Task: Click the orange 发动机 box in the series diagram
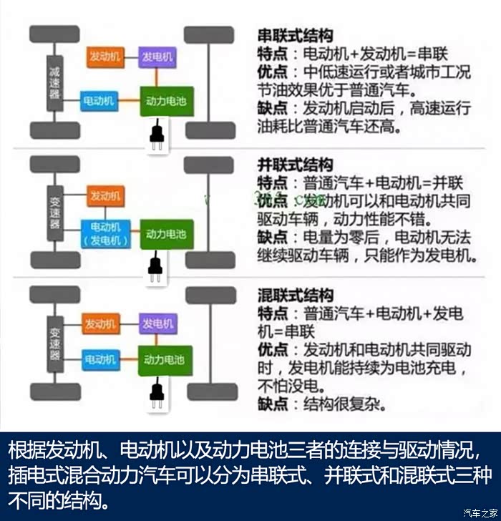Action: pyautogui.click(x=106, y=56)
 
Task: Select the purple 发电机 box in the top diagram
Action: pyautogui.click(x=156, y=56)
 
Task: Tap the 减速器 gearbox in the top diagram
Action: pyautogui.click(x=55, y=82)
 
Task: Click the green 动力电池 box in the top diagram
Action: pyautogui.click(x=165, y=102)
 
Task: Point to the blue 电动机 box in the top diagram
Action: pyautogui.click(x=99, y=102)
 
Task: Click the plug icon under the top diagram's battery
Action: pyautogui.click(x=154, y=136)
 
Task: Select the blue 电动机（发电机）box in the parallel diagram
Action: pyautogui.click(x=105, y=233)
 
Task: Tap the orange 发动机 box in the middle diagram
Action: pyautogui.click(x=106, y=195)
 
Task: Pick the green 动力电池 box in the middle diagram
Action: pyautogui.click(x=165, y=233)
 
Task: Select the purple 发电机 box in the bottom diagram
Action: pyautogui.click(x=156, y=323)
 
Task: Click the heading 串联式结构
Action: pyautogui.click(x=294, y=35)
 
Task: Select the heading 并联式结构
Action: pyautogui.click(x=294, y=165)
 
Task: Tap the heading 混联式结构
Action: pyautogui.click(x=294, y=295)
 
